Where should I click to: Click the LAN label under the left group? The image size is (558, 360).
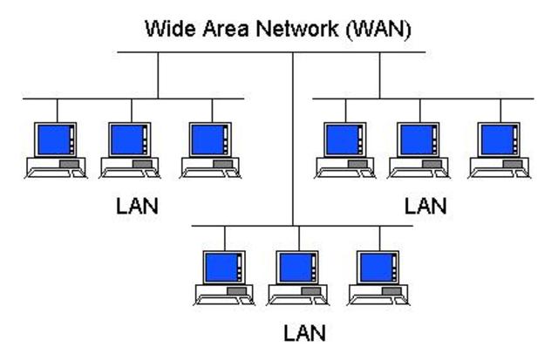[x=137, y=208]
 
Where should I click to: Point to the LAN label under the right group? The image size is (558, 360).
[x=425, y=206]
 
